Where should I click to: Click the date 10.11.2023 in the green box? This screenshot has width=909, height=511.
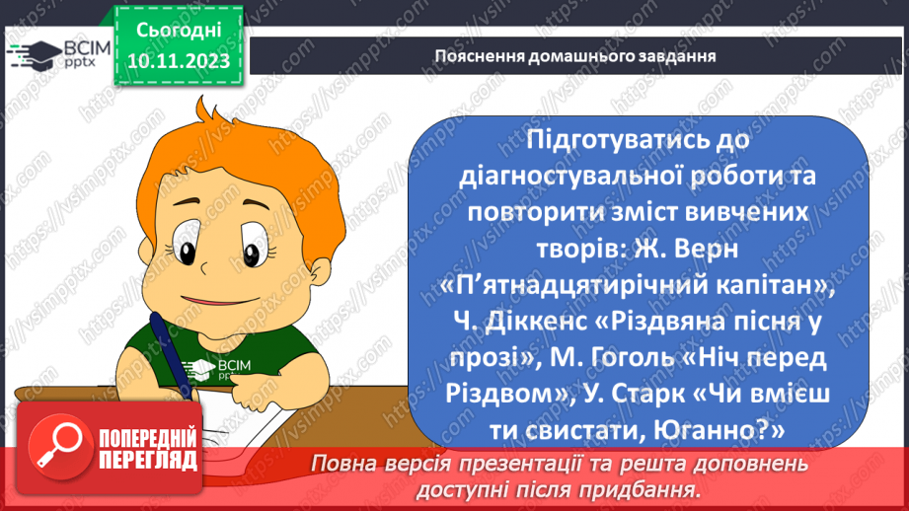[178, 61]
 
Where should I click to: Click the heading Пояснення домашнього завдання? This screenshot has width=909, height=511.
[575, 55]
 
